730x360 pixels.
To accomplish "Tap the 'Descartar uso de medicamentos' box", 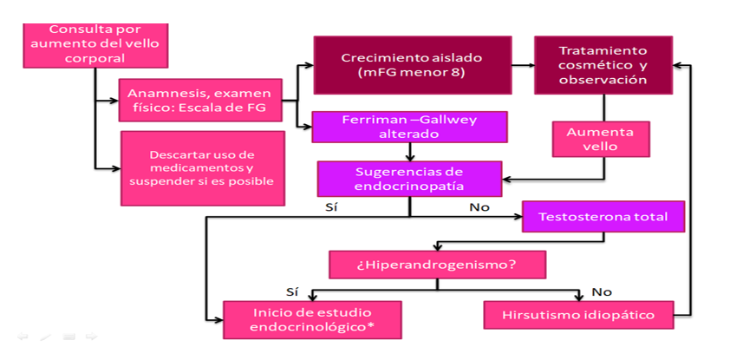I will (x=202, y=168).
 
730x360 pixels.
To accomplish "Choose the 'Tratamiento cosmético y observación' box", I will (x=603, y=65).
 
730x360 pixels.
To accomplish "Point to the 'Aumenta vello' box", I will (x=600, y=141).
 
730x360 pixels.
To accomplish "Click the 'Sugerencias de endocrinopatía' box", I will (x=409, y=179).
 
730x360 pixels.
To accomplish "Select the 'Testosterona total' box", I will (x=603, y=216).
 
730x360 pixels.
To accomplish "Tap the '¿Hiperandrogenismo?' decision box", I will (x=437, y=265).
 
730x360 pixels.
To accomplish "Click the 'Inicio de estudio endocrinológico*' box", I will (x=311, y=319).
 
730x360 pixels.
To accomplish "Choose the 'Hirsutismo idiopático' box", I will (x=578, y=314).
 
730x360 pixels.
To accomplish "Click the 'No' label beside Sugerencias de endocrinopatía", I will (x=479, y=208).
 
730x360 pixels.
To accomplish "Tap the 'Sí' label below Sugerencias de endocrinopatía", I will (x=331, y=208).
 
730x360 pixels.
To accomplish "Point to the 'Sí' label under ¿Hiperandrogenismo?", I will (x=292, y=291).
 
